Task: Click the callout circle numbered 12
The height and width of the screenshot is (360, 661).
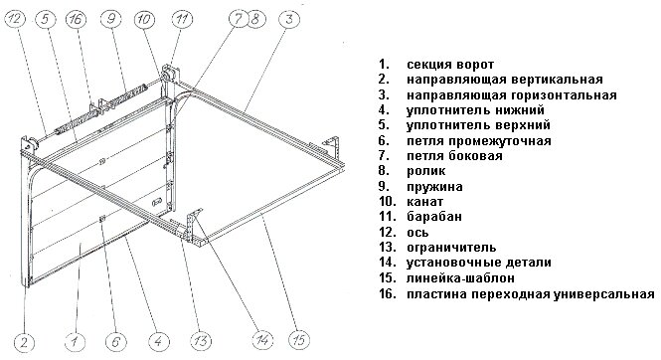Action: [x=15, y=19]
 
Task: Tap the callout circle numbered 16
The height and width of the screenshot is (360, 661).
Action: [x=77, y=19]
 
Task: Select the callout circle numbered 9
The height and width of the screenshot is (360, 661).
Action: [x=111, y=19]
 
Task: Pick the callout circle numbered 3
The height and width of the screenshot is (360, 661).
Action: [x=289, y=19]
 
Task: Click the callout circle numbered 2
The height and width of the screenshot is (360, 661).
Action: [x=24, y=341]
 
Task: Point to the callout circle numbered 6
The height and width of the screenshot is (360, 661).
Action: [x=115, y=341]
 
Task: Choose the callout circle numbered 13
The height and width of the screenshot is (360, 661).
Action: [x=201, y=341]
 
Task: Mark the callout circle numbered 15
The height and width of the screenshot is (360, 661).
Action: [x=299, y=340]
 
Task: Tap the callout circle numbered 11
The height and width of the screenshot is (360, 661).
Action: [x=182, y=19]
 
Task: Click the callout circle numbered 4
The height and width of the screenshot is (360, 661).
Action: [x=158, y=341]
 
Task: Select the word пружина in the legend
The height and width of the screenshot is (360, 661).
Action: [x=434, y=187]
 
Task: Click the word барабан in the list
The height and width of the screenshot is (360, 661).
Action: [x=434, y=217]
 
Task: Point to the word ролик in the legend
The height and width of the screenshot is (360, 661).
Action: [x=425, y=171]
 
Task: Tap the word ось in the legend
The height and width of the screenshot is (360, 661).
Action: [x=417, y=233]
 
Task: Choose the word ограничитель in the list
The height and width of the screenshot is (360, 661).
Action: [x=451, y=248]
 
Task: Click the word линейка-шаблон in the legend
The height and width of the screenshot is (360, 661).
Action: [x=460, y=278]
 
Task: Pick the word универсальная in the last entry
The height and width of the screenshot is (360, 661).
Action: [x=603, y=293]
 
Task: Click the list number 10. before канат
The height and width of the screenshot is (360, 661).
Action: [x=388, y=202]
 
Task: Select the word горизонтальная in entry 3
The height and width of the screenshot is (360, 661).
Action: [x=564, y=95]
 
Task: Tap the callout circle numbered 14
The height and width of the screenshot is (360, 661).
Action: [x=262, y=340]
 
